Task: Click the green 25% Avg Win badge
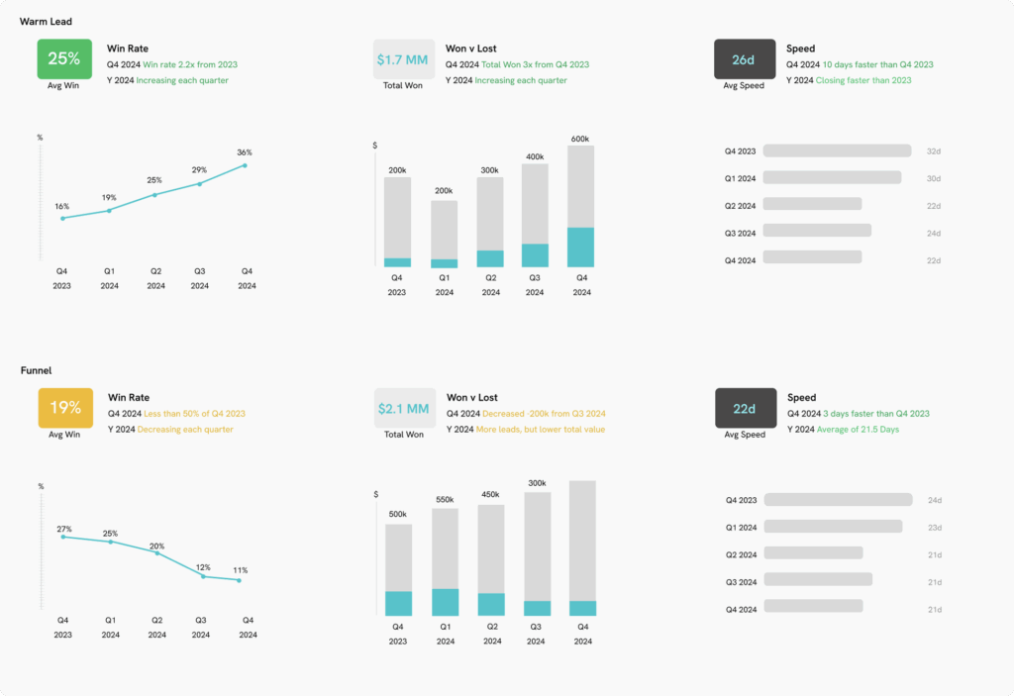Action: (x=64, y=58)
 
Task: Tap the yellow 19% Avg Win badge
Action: (x=65, y=407)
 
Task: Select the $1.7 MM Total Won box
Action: (x=402, y=59)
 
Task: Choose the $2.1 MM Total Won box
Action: (x=403, y=408)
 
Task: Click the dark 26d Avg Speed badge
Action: (x=745, y=59)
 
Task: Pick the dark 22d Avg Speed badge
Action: (x=745, y=408)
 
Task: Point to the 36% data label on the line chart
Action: (x=244, y=152)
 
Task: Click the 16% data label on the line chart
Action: (x=62, y=206)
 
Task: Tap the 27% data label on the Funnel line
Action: (x=63, y=529)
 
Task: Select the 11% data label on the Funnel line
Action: (x=241, y=570)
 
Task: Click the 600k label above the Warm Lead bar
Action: (x=580, y=139)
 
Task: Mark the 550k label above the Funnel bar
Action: (x=445, y=500)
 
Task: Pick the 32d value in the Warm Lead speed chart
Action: (x=933, y=151)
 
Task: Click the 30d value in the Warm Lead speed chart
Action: (x=933, y=178)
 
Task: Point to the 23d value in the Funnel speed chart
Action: (x=934, y=528)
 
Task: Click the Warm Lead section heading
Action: (x=46, y=22)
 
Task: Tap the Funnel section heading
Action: (x=36, y=370)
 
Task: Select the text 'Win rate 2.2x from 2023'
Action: (x=190, y=65)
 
